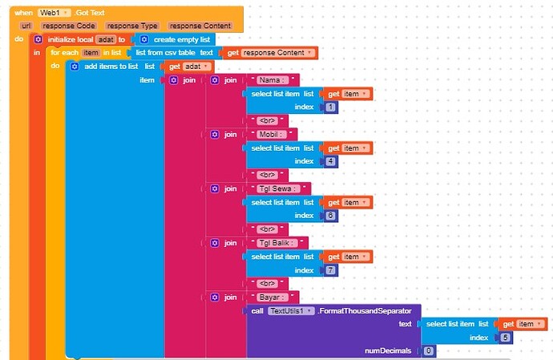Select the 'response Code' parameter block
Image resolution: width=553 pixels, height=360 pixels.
click(68, 26)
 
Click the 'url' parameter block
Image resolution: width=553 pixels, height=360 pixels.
click(26, 26)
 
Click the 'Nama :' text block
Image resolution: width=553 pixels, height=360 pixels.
click(273, 80)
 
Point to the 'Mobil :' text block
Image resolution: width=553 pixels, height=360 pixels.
click(272, 134)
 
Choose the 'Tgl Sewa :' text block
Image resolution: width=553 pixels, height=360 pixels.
click(280, 188)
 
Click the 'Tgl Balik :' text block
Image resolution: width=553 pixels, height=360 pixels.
click(280, 242)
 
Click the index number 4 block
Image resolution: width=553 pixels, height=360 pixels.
click(331, 161)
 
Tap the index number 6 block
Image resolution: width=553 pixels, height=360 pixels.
click(331, 216)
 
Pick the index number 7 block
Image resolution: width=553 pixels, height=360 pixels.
click(331, 269)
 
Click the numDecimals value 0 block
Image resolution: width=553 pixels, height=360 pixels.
click(429, 350)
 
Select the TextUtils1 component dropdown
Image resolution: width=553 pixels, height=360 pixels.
click(290, 310)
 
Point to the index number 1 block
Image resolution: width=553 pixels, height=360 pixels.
click(331, 107)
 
